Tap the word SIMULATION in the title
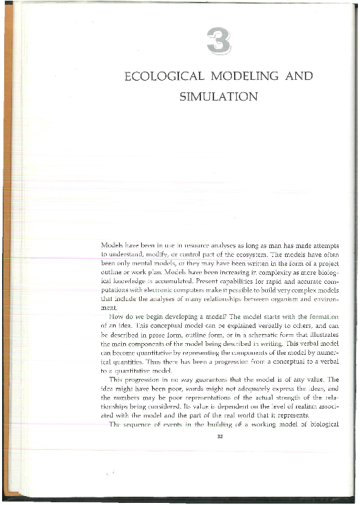[x=218, y=96]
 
